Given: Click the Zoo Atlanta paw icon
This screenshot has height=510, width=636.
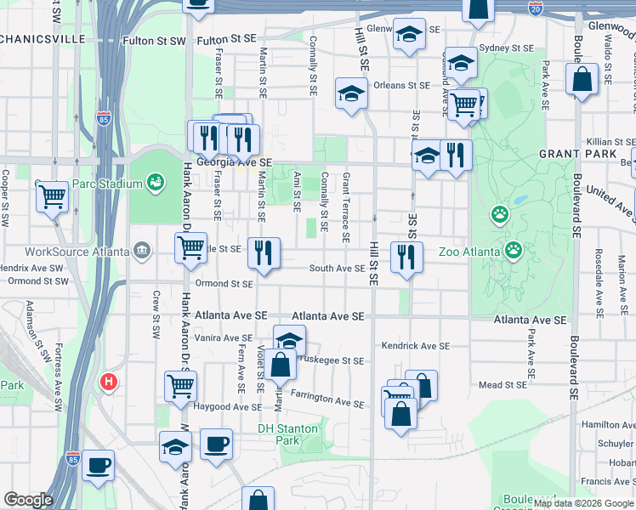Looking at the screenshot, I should [x=514, y=250].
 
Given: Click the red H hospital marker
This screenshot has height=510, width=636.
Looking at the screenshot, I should [x=108, y=382].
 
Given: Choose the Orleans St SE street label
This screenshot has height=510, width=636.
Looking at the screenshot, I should [x=401, y=85].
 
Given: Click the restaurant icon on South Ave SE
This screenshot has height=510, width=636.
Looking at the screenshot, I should [x=406, y=256].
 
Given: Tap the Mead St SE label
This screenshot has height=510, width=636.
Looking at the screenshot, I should [x=503, y=385].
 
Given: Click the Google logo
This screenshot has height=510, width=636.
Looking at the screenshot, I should [x=28, y=500].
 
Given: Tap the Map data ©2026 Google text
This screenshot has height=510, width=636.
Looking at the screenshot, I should [x=583, y=504].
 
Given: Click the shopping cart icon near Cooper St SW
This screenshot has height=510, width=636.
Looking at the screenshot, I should [x=52, y=197].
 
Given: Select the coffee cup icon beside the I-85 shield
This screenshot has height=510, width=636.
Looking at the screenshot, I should [x=98, y=465].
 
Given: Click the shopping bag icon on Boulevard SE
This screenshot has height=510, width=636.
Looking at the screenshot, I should [x=582, y=81].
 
